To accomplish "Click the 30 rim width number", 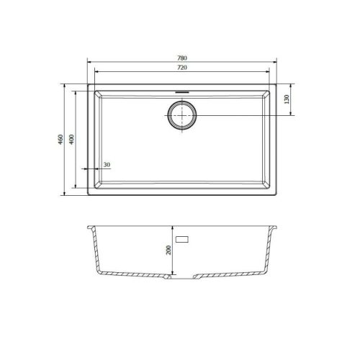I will coord(107,165).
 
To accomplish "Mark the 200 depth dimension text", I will coord(168,250).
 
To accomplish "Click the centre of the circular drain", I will coord(181,116).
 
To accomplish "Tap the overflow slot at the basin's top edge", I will coord(181,91).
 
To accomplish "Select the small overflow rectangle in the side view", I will coord(182,238).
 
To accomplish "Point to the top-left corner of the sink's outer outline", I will coord(88,84).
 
